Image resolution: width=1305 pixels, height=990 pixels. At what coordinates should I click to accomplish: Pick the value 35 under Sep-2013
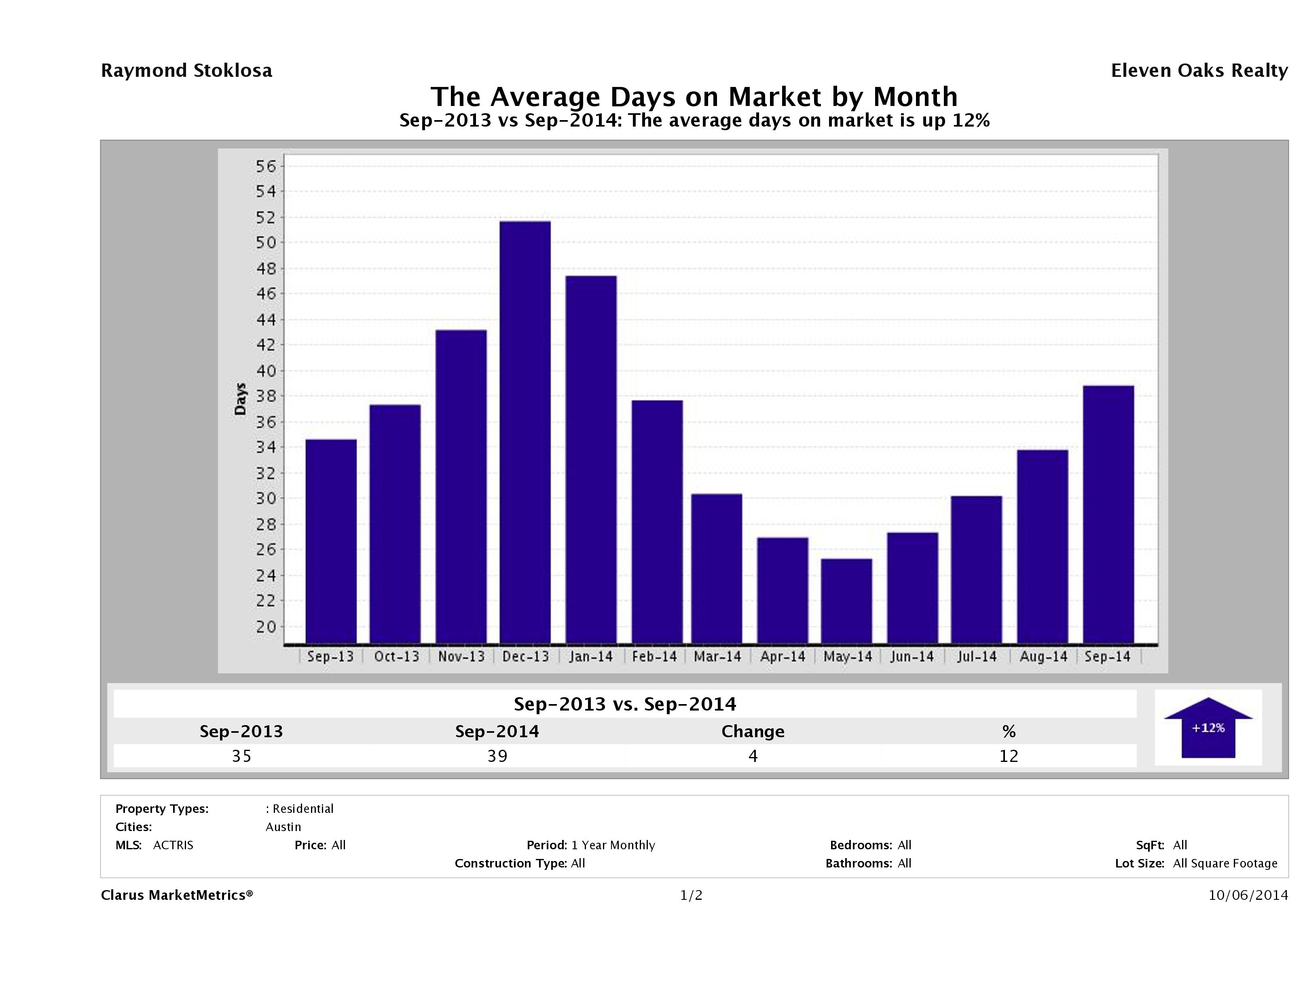pos(241,756)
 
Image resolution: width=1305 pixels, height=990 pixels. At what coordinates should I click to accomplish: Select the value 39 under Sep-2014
pos(497,756)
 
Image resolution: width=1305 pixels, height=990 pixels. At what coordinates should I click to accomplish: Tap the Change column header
pos(753,732)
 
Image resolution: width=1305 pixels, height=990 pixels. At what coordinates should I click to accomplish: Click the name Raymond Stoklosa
pos(186,71)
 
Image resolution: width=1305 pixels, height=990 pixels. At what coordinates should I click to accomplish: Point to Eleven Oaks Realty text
pos(1199,71)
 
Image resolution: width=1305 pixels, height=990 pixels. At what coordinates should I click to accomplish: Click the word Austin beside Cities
pos(283,827)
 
